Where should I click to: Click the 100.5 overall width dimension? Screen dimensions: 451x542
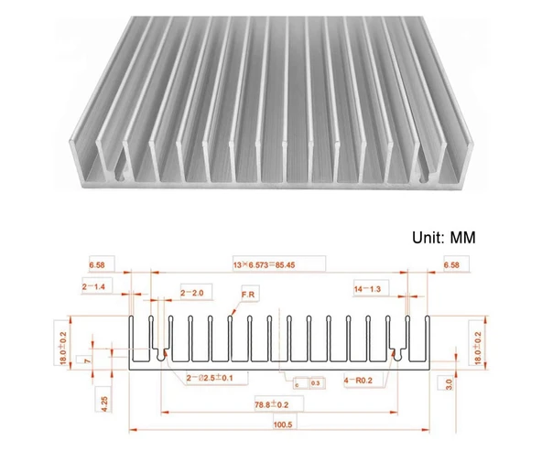[x=281, y=424]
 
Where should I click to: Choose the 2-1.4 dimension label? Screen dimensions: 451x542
[x=95, y=286]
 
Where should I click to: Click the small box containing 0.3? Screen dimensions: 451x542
[x=316, y=383]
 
